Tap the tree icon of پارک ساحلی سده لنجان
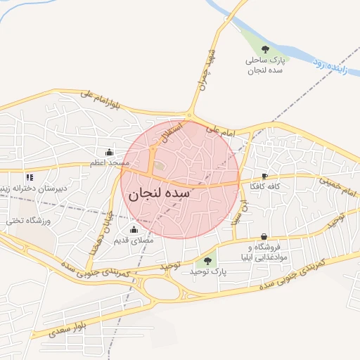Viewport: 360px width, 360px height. click(265, 49)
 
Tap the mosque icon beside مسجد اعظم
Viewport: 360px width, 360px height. click(109, 152)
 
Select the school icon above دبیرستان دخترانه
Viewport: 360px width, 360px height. click(29, 178)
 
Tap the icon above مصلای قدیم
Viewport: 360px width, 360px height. click(134, 229)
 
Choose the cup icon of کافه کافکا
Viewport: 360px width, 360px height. click(264, 176)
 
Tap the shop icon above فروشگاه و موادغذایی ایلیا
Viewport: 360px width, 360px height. click(264, 236)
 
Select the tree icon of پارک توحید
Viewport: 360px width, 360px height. click(207, 262)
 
